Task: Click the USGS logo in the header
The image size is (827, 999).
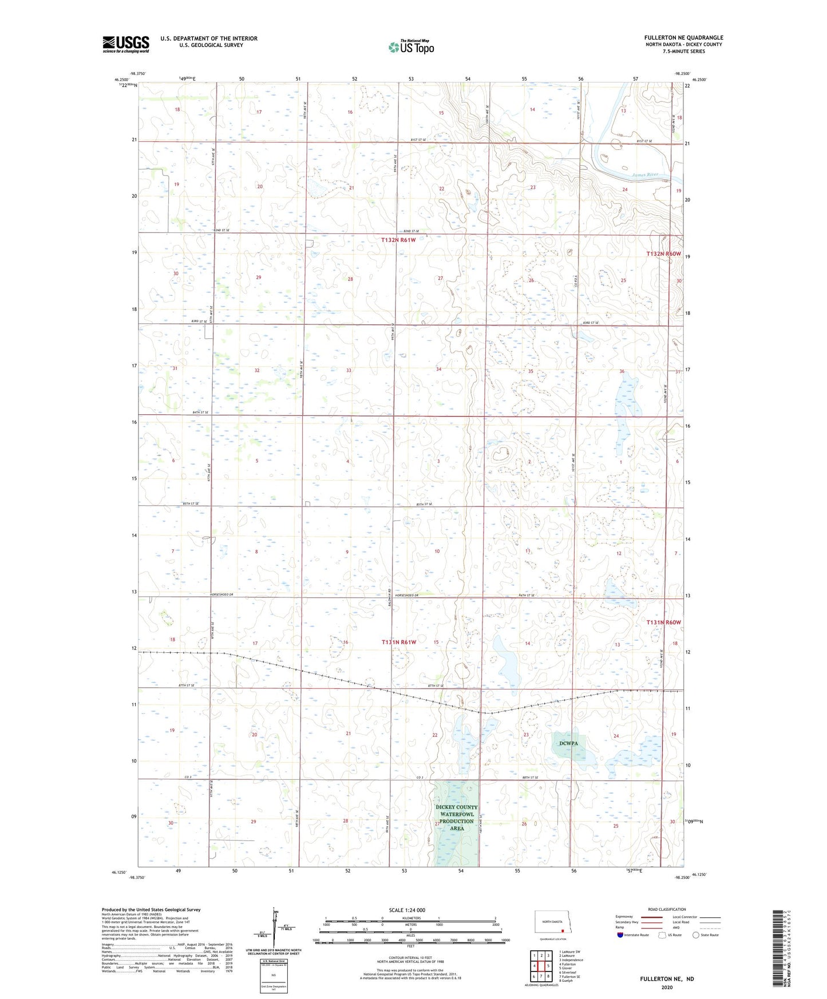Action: click(126, 44)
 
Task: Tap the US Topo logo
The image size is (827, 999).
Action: click(411, 47)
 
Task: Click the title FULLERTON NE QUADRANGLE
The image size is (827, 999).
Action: click(683, 38)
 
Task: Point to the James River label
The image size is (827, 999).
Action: click(645, 175)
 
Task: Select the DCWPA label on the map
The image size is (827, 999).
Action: click(568, 743)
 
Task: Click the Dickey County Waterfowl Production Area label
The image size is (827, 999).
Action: click(456, 818)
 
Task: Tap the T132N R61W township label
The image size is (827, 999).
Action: click(398, 240)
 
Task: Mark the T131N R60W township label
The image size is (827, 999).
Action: click(663, 622)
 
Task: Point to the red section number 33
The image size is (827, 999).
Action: click(349, 370)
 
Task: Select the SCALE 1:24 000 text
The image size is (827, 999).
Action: click(407, 910)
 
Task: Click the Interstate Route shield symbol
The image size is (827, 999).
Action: click(620, 935)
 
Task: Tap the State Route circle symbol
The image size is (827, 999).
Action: click(696, 935)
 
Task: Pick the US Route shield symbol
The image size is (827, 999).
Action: click(663, 935)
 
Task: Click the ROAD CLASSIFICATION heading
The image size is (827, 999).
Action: click(667, 909)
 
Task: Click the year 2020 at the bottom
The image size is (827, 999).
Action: click(667, 988)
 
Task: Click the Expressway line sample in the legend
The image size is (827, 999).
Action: click(651, 917)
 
